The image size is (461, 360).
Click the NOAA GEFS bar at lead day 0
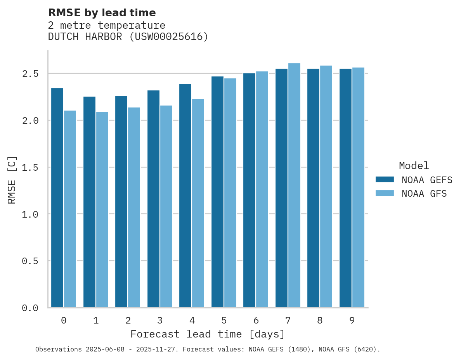(x=57, y=198)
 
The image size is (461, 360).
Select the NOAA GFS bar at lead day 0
(x=70, y=209)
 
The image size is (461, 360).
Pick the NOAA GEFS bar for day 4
(x=185, y=196)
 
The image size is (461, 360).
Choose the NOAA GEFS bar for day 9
(x=345, y=188)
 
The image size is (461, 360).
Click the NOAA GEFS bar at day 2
(x=121, y=202)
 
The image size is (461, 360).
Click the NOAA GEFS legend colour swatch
(x=385, y=180)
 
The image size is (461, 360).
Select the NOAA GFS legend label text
(x=424, y=194)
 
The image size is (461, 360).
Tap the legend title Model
(x=414, y=166)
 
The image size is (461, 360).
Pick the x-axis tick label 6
(x=256, y=320)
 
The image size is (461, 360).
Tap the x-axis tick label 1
(x=96, y=320)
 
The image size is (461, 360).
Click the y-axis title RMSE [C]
(x=12, y=180)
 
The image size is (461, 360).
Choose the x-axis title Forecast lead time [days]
(x=208, y=334)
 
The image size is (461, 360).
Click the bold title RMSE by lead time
(x=102, y=13)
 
